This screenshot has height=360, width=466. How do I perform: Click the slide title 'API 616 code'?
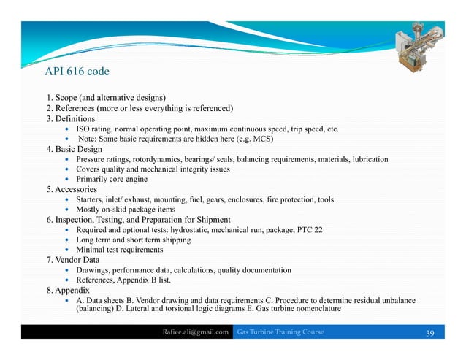tap(77, 72)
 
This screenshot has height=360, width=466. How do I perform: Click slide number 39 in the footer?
tap(429, 333)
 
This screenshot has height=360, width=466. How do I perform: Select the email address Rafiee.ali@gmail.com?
tap(196, 333)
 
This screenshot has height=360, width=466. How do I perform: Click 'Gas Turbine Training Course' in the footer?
tap(280, 333)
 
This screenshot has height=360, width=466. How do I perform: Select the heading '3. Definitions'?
tap(70, 118)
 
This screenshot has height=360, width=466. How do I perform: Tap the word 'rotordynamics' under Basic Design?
tap(161, 158)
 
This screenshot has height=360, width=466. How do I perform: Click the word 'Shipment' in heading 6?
tap(210, 219)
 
